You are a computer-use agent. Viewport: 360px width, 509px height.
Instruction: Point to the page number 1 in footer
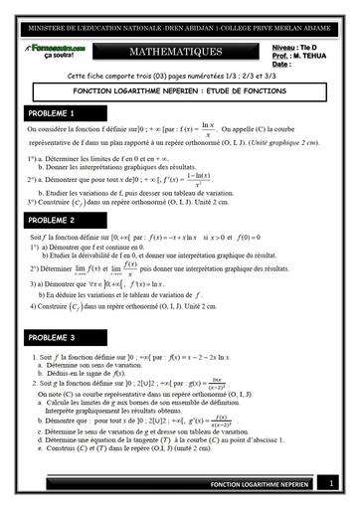(330, 484)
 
